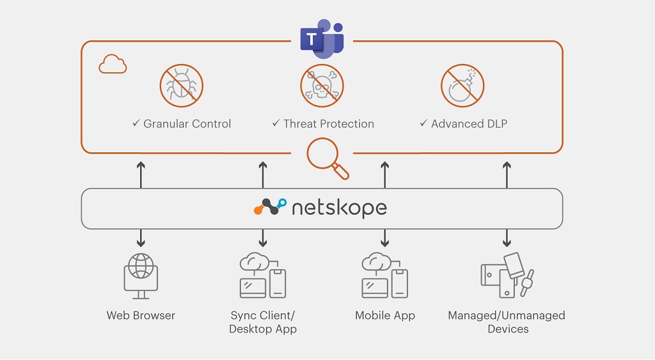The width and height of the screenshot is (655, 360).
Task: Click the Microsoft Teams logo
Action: (322, 38)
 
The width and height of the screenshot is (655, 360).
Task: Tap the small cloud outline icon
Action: (113, 65)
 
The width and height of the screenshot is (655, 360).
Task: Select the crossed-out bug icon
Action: (181, 85)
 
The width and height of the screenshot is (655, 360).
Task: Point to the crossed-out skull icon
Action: (322, 85)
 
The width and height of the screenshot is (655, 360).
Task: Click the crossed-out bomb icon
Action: (462, 85)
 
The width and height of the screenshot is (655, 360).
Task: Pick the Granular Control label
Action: (187, 123)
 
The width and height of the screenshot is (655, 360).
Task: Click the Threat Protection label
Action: (329, 123)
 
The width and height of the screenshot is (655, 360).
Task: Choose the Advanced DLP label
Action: (469, 123)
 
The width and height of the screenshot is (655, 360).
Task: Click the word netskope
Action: (339, 208)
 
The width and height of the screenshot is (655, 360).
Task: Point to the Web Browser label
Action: (141, 315)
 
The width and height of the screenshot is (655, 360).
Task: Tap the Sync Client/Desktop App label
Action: (263, 322)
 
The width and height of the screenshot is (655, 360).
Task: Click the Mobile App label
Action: (385, 315)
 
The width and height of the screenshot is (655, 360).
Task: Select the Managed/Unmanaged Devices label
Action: (507, 322)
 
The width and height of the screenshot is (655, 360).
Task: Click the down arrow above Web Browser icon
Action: (141, 238)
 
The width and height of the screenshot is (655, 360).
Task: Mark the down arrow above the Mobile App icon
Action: (385, 238)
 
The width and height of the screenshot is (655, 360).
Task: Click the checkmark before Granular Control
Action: (136, 123)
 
